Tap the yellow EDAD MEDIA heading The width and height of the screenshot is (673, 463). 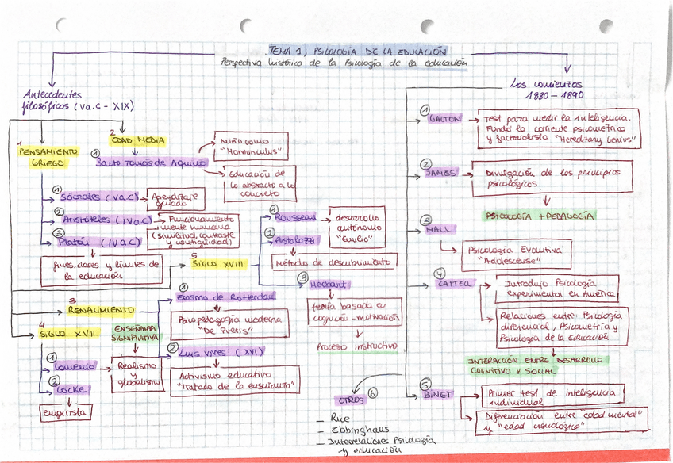pyautogui.click(x=137, y=140)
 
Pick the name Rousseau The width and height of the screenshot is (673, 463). pyautogui.click(x=294, y=216)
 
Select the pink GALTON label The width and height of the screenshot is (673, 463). pyautogui.click(x=444, y=119)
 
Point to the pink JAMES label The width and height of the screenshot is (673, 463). pyautogui.click(x=440, y=172)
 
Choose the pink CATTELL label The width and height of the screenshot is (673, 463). pyautogui.click(x=453, y=283)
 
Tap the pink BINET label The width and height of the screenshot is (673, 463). pyautogui.click(x=438, y=393)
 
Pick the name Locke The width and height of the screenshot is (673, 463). pyautogui.click(x=71, y=389)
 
